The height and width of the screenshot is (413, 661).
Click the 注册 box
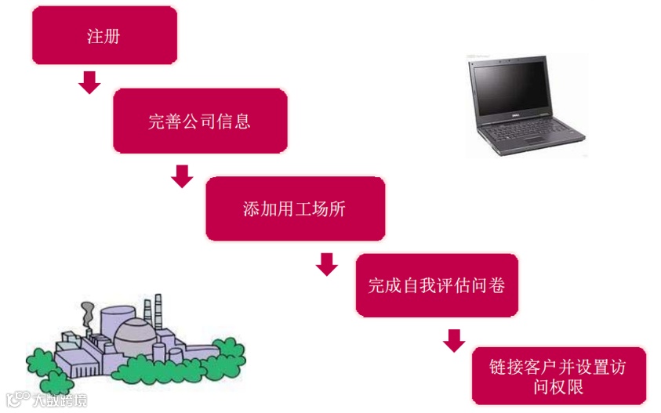pyautogui.click(x=104, y=35)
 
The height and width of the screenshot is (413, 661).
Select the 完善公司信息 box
pyautogui.click(x=200, y=121)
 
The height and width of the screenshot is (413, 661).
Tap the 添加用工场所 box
pyautogui.click(x=295, y=208)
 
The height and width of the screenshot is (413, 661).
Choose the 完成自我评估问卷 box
pyautogui.click(x=437, y=285)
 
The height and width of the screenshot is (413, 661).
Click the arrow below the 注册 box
pyautogui.click(x=90, y=82)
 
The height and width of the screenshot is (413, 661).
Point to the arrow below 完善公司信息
pyautogui.click(x=182, y=176)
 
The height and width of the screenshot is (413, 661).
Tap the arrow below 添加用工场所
pyautogui.click(x=327, y=264)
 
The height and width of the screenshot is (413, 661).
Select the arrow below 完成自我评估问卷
pyautogui.click(x=454, y=340)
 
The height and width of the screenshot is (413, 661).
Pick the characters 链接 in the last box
pyautogui.click(x=505, y=366)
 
